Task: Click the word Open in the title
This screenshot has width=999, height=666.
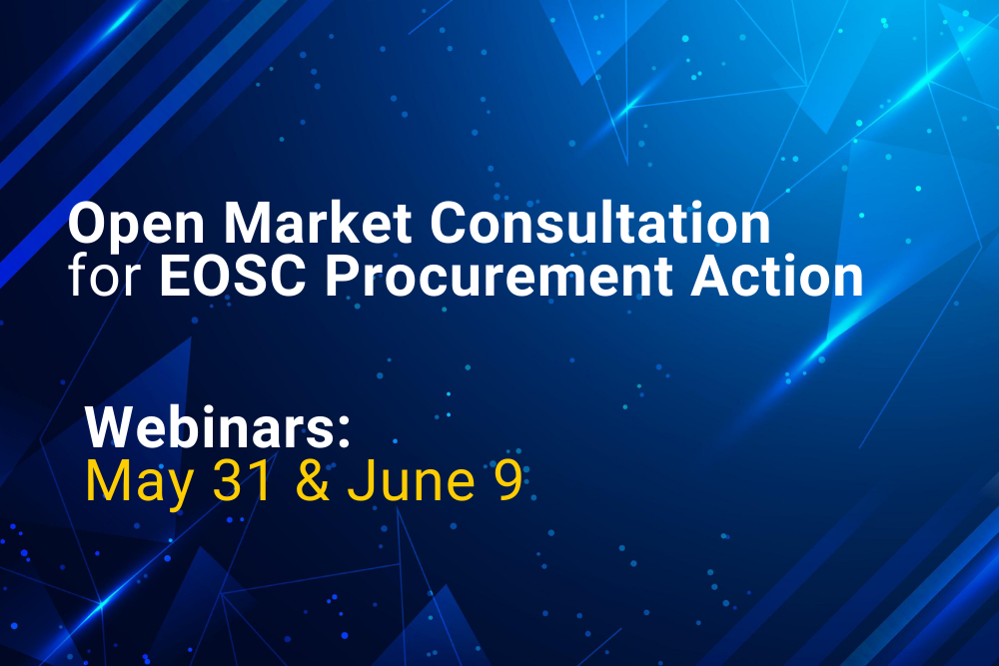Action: tap(136, 226)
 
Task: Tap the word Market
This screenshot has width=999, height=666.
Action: tap(318, 223)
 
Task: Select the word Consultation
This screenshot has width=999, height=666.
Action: tap(600, 223)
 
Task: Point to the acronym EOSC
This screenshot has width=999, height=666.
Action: tap(233, 276)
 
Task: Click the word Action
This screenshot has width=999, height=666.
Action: tap(776, 276)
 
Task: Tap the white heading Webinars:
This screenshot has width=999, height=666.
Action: tap(218, 427)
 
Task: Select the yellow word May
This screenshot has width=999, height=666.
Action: tap(139, 483)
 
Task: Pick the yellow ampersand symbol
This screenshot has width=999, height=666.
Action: tap(312, 480)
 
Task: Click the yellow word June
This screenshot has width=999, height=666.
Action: tap(411, 480)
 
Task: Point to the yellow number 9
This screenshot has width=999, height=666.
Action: tap(507, 480)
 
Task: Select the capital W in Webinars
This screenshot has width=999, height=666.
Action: tap(114, 427)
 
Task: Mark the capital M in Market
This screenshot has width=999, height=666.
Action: tap(247, 223)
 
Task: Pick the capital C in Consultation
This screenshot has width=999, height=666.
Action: tap(450, 223)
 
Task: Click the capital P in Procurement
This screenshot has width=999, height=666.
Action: tap(341, 276)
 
